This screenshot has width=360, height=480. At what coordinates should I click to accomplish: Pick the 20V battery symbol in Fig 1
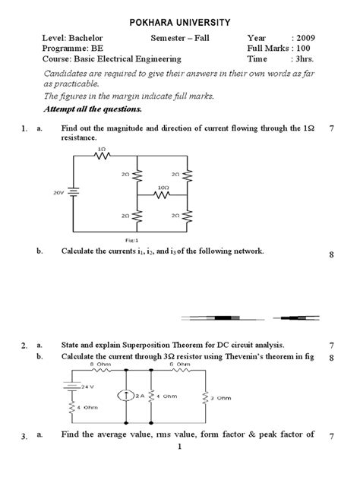[x=72, y=193]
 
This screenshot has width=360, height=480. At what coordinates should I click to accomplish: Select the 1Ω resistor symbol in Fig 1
[x=101, y=156]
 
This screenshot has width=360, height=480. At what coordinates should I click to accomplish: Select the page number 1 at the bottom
[x=179, y=471]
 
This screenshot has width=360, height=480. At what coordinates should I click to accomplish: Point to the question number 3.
[x=24, y=436]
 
